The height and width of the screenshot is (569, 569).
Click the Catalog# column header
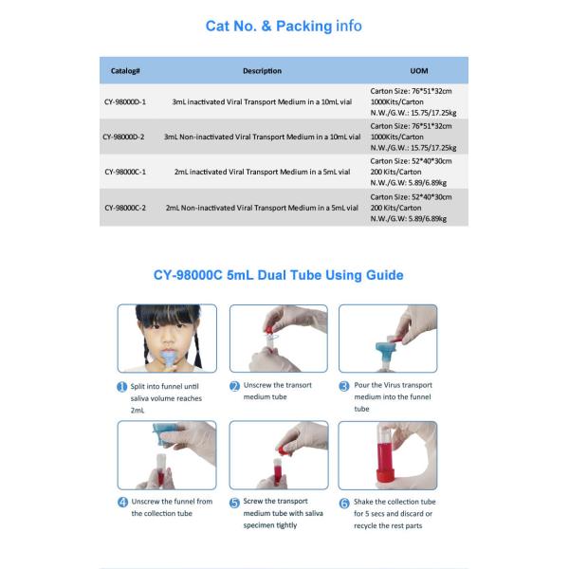(x=125, y=71)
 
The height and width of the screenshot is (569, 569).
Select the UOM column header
(x=419, y=71)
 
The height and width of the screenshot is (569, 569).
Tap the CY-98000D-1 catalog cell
(x=125, y=102)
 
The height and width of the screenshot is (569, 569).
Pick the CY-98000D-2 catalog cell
(x=123, y=137)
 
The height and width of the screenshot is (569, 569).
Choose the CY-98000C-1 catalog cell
(x=125, y=172)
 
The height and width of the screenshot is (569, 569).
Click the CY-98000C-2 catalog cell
(x=125, y=208)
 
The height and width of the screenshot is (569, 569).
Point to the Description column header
(x=262, y=71)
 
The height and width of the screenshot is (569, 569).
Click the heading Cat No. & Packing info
(x=284, y=26)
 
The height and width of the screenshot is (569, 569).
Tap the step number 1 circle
(x=122, y=387)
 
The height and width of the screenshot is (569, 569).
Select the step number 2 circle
(x=234, y=386)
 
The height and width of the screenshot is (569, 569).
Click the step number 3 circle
(x=344, y=386)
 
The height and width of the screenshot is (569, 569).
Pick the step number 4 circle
(x=122, y=503)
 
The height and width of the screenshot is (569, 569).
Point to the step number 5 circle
(x=234, y=503)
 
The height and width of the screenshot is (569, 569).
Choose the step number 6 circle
(x=344, y=503)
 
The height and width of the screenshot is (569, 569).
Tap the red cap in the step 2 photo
(x=269, y=329)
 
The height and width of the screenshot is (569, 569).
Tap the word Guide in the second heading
(x=385, y=275)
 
